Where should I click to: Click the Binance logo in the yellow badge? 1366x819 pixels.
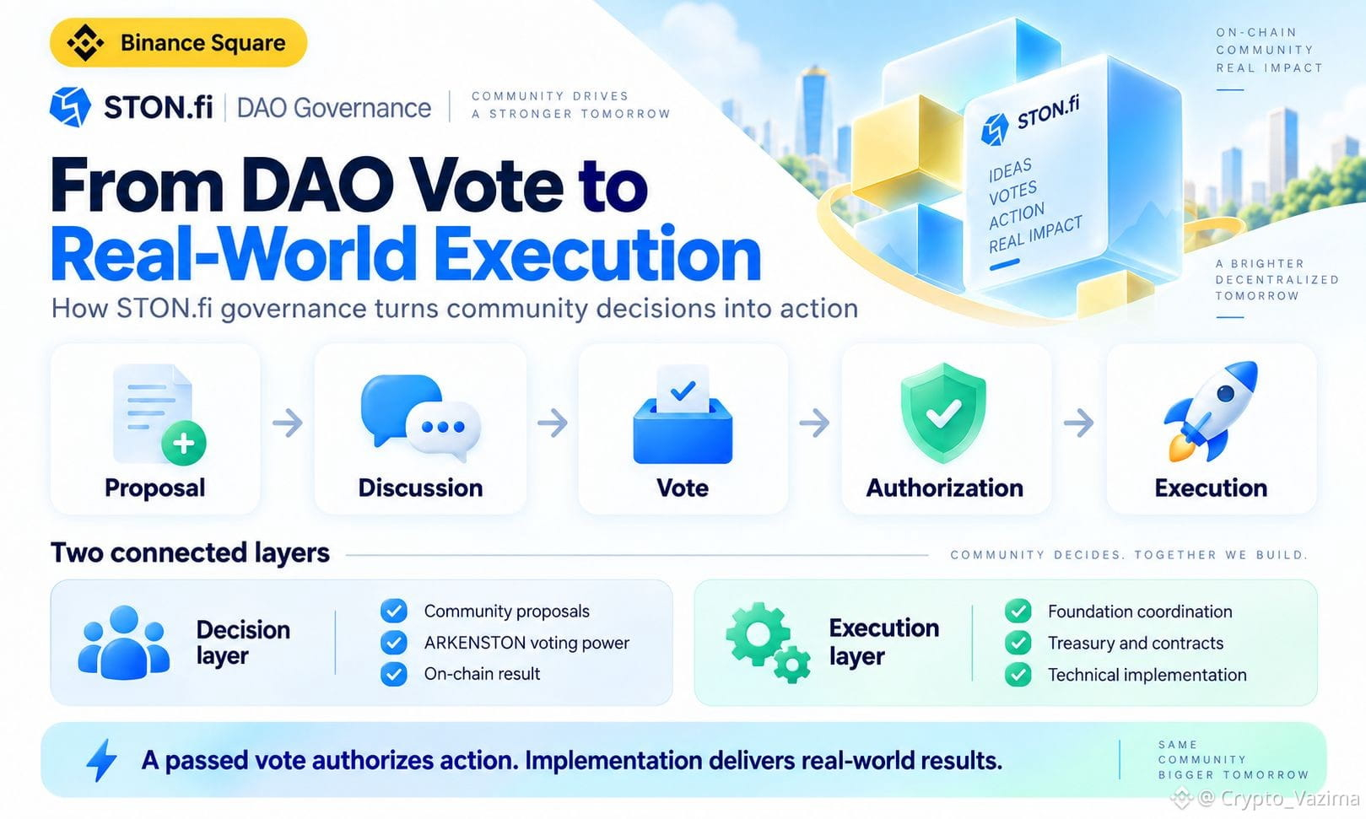coord(84,43)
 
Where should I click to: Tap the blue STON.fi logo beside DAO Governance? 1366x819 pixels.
coord(71,107)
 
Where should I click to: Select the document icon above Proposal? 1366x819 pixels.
coord(153,412)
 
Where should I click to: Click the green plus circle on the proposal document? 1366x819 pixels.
coord(184,444)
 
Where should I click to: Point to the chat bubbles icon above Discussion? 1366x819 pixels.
coord(421,417)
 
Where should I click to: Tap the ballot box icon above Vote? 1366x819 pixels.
coord(683,415)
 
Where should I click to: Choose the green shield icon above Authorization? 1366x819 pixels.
coord(943,412)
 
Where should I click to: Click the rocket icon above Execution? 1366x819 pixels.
coord(1212,411)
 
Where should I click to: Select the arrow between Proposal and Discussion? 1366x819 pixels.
coord(287,423)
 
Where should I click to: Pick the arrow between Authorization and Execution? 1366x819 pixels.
coord(1078,423)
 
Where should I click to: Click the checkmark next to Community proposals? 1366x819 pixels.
coord(394,611)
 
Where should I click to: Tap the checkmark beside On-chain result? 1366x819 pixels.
coord(394,674)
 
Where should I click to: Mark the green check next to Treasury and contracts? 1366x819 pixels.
coord(1018,643)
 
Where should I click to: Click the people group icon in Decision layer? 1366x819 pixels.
coord(124,643)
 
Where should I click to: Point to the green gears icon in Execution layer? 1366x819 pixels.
coord(768,643)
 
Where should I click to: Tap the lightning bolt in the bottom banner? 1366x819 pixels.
coord(102,760)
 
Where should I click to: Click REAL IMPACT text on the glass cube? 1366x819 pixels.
coord(1035,234)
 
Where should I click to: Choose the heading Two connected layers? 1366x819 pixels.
coord(191,553)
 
